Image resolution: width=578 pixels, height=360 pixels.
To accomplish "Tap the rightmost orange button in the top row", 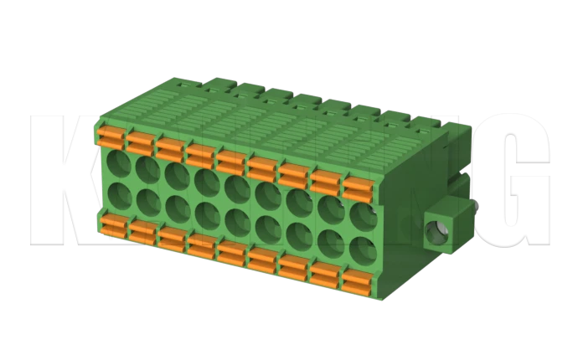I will click(357, 187).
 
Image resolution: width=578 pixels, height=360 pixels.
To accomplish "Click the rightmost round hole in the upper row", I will click(364, 213).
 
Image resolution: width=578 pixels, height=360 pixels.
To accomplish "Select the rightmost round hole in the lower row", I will click(361, 250).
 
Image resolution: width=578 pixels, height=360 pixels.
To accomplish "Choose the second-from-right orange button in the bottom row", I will click(322, 273).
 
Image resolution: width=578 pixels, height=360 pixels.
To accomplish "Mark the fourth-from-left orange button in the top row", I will click(199, 152).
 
